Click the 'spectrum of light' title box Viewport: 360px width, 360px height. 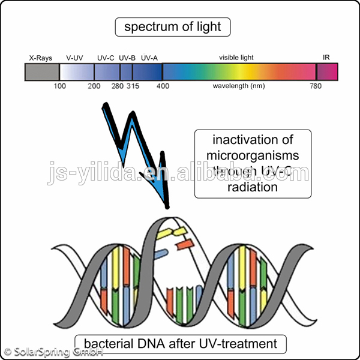[173, 27]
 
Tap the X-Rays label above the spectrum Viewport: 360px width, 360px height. [41, 58]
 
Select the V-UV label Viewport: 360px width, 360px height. [75, 58]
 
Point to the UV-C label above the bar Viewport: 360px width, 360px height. [106, 58]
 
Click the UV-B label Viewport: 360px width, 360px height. [127, 58]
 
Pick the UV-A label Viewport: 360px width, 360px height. [149, 58]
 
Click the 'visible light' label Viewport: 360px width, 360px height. [236, 58]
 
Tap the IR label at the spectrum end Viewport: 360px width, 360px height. [326, 58]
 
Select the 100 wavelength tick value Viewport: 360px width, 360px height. [59, 86]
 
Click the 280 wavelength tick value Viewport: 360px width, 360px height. [117, 86]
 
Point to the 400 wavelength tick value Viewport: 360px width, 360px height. [163, 86]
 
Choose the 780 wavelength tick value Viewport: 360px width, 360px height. [316, 86]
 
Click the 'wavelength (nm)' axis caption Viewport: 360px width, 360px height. [238, 86]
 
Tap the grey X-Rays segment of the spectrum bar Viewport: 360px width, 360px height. [41, 72]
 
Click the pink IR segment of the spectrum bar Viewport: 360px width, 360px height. [327, 72]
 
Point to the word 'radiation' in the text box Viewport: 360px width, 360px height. [253, 187]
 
